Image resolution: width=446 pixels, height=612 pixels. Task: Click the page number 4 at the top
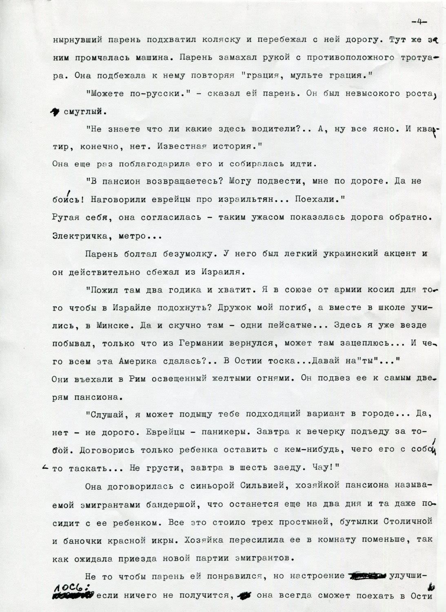[419, 22]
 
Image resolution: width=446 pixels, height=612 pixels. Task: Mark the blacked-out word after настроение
[365, 577]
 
